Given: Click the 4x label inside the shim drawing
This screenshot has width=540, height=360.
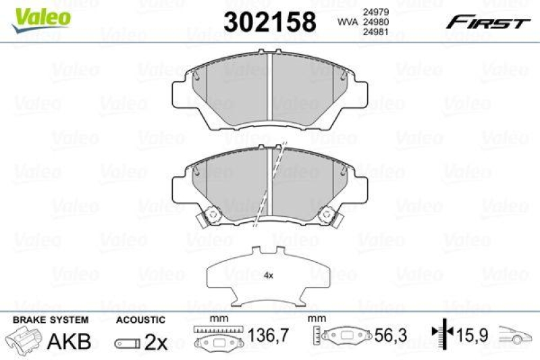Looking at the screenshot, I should (268, 276).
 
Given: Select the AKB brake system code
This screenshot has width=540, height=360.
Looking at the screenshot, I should (69, 341).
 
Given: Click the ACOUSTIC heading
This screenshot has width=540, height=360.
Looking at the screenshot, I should (140, 319).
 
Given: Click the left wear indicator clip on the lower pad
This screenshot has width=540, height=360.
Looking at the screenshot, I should (209, 217).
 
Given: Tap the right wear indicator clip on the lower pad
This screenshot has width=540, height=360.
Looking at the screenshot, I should (329, 217).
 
